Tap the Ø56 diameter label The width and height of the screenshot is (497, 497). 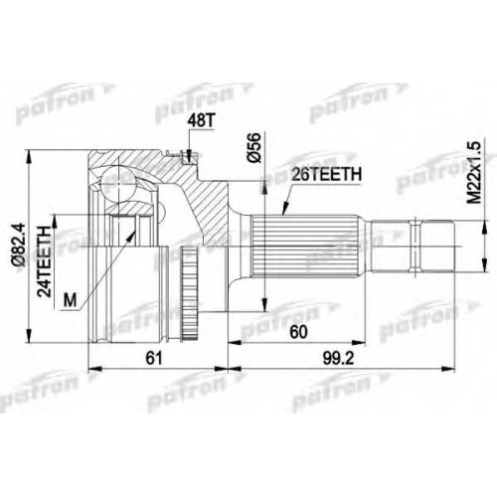coord(254,148)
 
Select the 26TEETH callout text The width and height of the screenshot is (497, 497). coord(326,175)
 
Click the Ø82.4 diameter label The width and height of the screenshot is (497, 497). coord(18,245)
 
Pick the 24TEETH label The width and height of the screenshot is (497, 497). coord(44,261)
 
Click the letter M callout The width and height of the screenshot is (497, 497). coord(70,300)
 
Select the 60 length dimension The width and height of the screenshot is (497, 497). coord(298,332)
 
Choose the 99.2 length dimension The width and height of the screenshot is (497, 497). coord(338,358)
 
